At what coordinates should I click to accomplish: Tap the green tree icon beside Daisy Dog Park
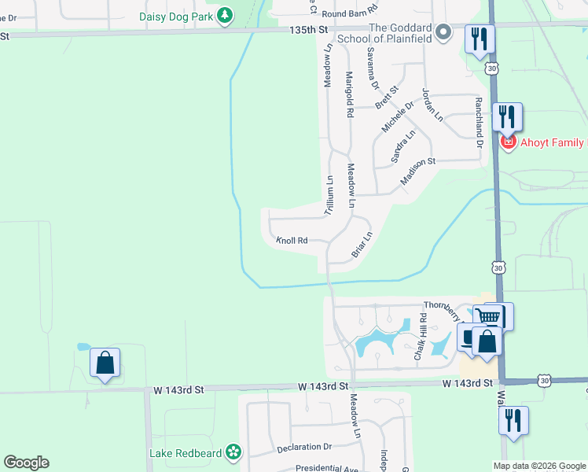coord(226,15)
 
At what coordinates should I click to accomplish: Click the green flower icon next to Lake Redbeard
coord(233,452)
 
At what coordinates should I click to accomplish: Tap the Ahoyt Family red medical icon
coord(508,142)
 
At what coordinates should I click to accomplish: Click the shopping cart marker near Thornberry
coord(489,316)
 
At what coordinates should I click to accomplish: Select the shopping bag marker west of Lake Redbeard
coord(105,363)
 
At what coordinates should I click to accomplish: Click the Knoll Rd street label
coord(291,241)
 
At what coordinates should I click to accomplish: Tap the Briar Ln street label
coord(361,244)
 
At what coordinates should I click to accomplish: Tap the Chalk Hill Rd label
coord(422,337)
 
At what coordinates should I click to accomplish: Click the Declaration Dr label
coord(305,448)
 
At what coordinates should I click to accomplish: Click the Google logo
coord(26,463)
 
